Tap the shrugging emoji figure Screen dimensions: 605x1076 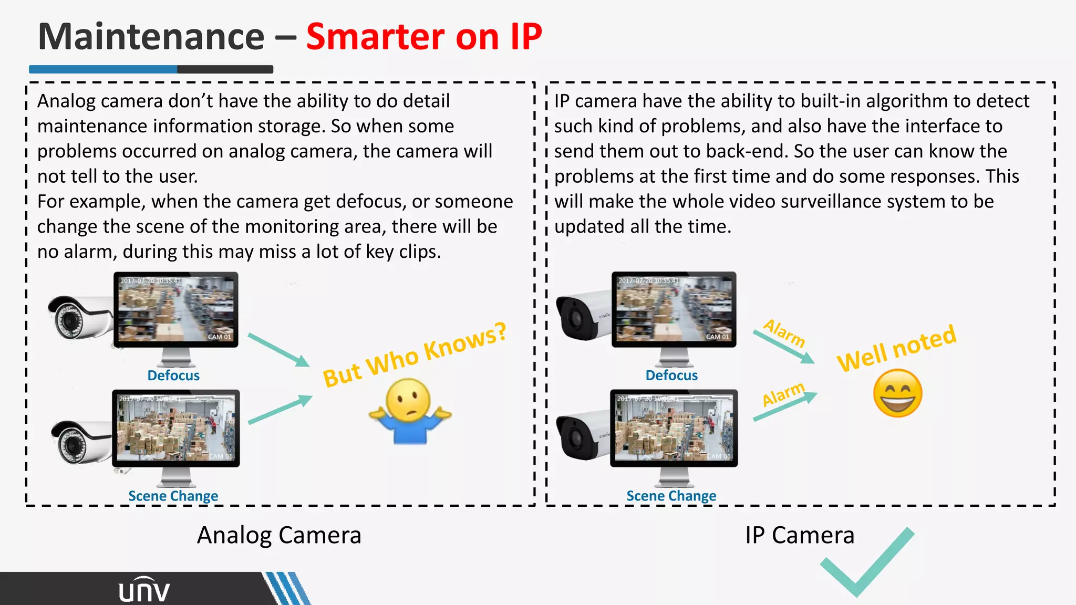pos(410,412)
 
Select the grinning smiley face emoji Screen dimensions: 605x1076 pos(897,393)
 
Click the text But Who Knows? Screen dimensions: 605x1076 pos(415,355)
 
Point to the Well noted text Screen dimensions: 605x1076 pos(896,348)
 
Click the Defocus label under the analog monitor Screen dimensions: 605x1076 pos(173,375)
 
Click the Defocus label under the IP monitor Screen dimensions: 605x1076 pos(671,375)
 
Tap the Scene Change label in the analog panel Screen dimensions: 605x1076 pos(173,496)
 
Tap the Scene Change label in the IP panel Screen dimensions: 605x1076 pos(671,496)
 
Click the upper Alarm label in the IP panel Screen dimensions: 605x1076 pos(784,333)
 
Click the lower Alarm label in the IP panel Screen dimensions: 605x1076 pos(783,394)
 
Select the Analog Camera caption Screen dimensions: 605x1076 pos(279,535)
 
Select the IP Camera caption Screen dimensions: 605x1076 pos(800,535)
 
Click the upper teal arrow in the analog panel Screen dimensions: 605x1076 pos(278,349)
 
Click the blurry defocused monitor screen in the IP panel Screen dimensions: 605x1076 pos(674,309)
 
